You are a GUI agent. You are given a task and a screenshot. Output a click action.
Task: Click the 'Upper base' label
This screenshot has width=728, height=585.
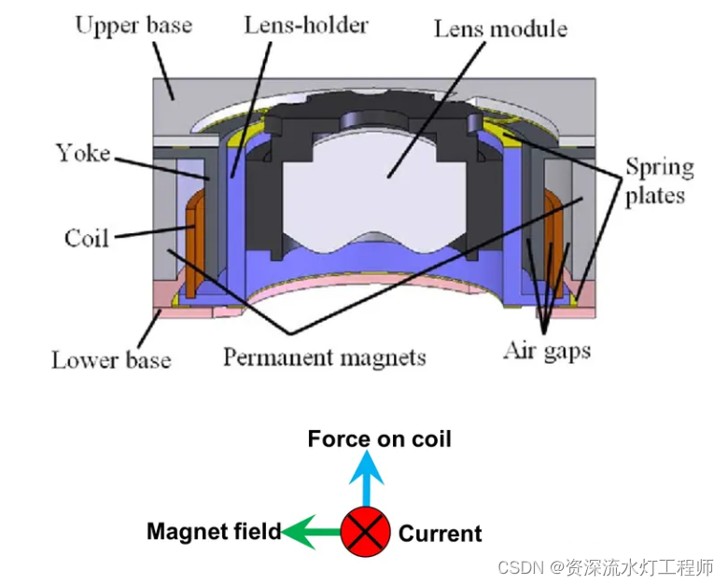(133, 24)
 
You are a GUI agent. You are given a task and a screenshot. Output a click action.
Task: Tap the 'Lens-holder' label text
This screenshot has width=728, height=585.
(306, 24)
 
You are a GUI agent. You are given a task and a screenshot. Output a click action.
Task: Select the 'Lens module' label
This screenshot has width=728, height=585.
(500, 28)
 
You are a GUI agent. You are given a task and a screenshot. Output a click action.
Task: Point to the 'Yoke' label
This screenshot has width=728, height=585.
(83, 153)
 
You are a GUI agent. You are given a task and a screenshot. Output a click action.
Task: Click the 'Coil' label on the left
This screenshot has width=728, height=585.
(87, 237)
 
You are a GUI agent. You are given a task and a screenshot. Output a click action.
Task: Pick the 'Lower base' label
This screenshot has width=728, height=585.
(111, 359)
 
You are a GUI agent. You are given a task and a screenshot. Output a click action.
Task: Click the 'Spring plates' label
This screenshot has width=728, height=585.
(659, 181)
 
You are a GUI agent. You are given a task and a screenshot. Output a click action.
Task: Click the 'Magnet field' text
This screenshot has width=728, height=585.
(214, 532)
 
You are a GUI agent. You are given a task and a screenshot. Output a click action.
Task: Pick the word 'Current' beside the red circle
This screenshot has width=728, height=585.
(440, 534)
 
